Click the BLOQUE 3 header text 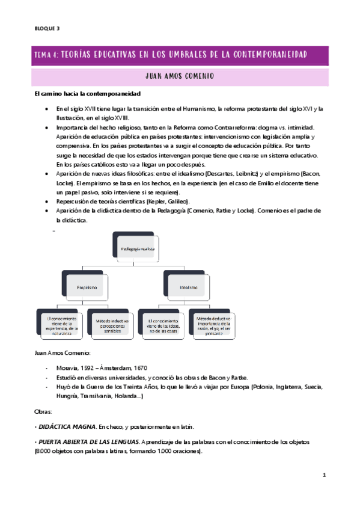(47, 28)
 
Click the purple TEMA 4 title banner (180, 55)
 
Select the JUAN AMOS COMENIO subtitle (180, 76)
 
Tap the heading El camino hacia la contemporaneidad (87, 94)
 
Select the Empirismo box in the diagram (87, 288)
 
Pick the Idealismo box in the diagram (188, 288)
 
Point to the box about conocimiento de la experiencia (61, 325)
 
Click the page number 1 (323, 475)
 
